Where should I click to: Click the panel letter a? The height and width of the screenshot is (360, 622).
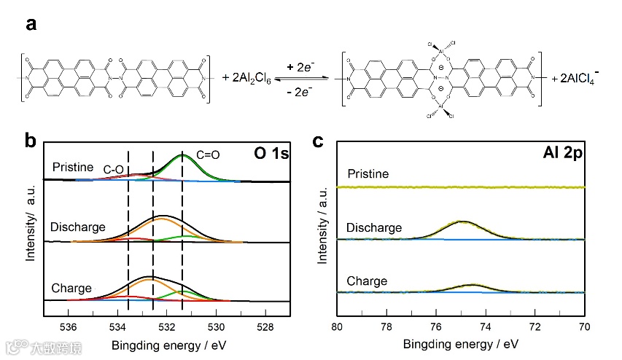click(x=31, y=24)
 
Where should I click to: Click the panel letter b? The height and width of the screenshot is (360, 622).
click(x=31, y=140)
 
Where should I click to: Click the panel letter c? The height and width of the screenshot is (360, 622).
click(x=319, y=140)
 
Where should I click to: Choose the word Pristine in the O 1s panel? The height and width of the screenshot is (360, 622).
click(x=72, y=167)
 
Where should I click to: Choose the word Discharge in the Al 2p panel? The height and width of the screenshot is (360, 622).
click(x=373, y=228)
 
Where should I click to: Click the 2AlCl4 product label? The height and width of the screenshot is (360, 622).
click(x=576, y=77)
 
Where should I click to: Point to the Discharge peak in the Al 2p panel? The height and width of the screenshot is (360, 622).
click(x=462, y=222)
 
